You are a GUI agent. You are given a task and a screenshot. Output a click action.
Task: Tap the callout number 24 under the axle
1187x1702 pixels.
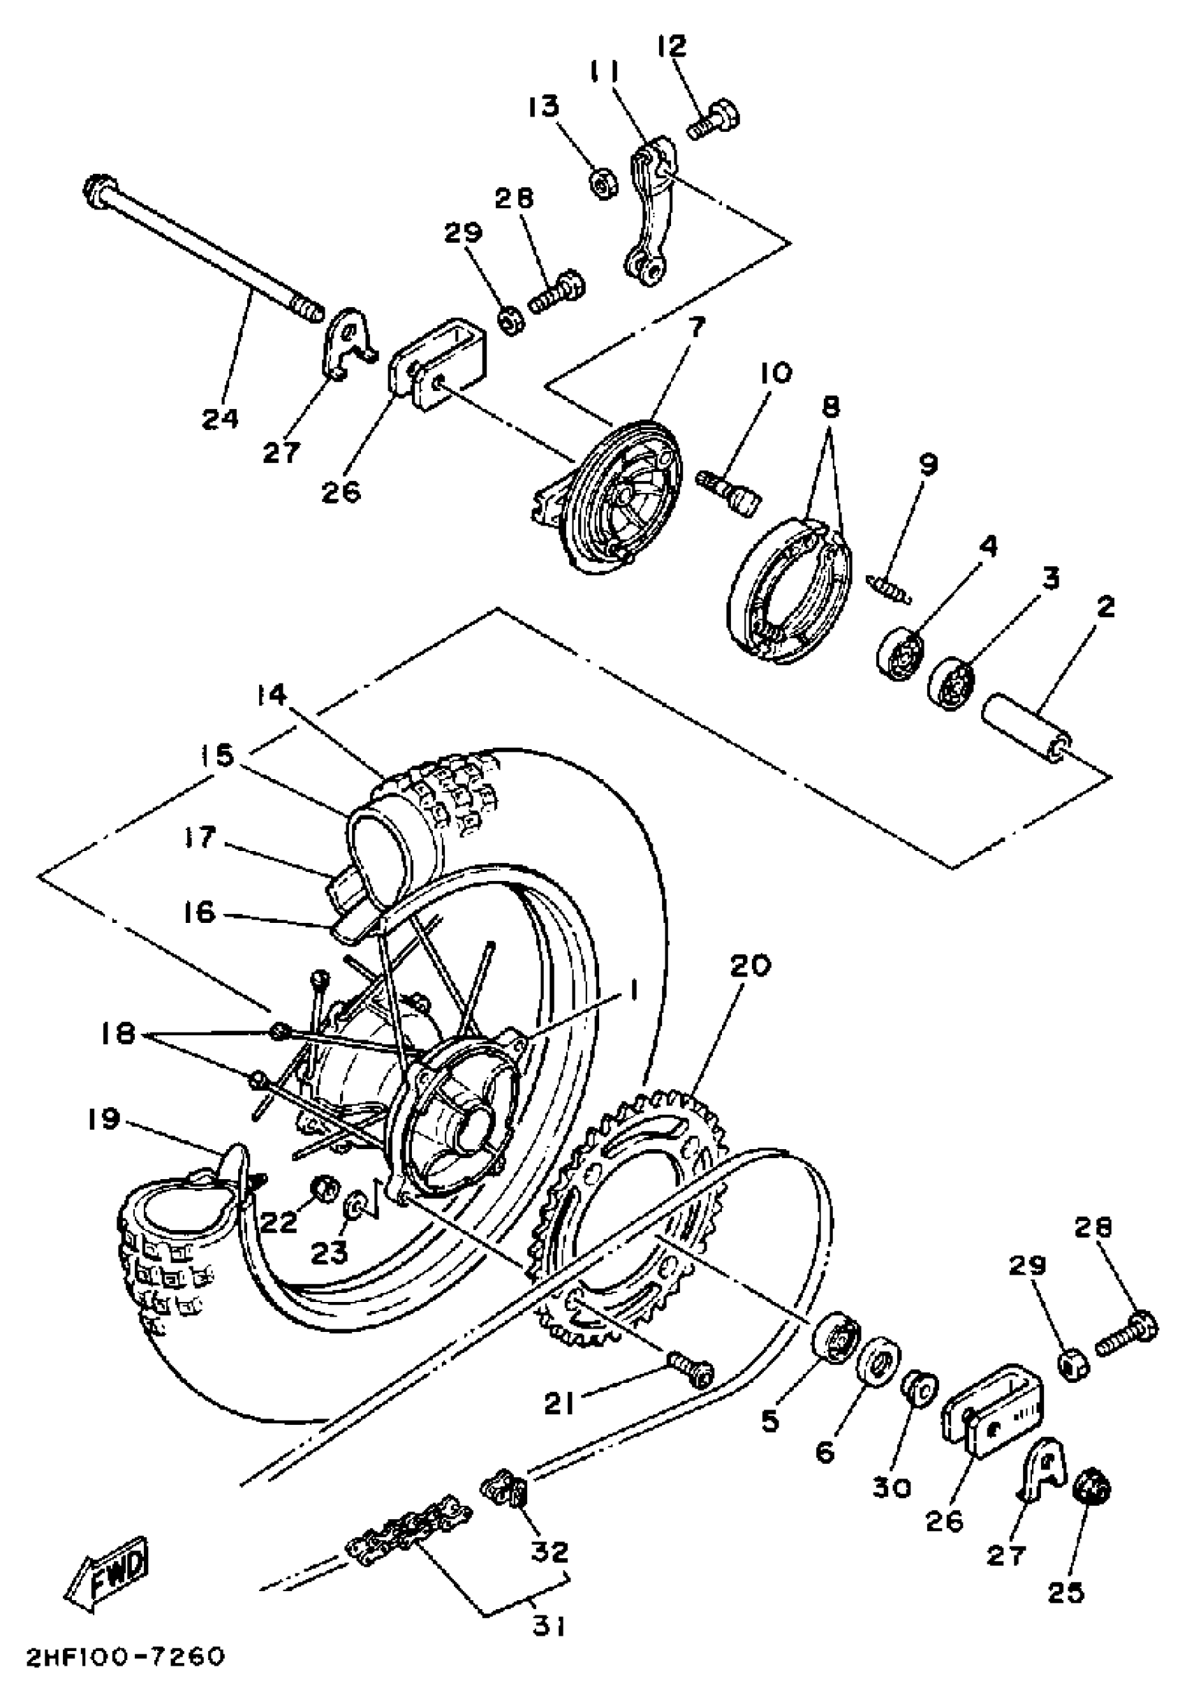coord(220,418)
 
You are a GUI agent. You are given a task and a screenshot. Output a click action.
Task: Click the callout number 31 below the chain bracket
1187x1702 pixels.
coord(550,1626)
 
